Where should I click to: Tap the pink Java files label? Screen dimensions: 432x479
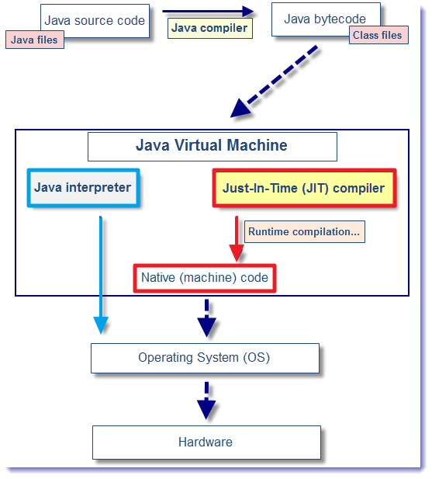click(35, 40)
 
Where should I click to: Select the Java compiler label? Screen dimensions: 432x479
click(210, 29)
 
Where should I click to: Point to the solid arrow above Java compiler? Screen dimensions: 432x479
click(208, 12)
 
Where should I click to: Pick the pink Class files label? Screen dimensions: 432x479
click(378, 35)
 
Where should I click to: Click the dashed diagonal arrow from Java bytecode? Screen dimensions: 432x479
click(274, 82)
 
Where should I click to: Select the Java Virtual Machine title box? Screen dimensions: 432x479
click(213, 147)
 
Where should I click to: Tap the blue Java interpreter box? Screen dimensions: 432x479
click(83, 188)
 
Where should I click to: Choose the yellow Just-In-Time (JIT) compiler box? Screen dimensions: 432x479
click(304, 188)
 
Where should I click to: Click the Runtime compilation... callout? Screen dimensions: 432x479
click(305, 231)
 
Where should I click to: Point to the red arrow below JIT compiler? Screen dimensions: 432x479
click(237, 238)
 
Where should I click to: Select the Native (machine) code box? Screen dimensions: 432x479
click(205, 278)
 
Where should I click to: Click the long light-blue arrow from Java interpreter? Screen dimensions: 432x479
click(101, 275)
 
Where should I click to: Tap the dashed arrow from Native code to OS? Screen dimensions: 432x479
click(207, 318)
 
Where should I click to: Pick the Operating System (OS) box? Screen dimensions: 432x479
click(205, 358)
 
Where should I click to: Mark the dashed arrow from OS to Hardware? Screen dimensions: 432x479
click(206, 401)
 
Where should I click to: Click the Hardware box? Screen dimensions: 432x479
click(206, 443)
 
